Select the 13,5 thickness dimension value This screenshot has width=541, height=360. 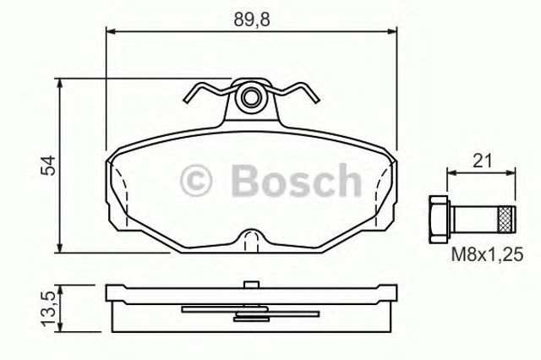(48, 308)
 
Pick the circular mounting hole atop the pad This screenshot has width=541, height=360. (249, 98)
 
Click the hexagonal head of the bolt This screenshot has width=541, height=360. (438, 219)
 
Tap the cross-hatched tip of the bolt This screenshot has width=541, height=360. (506, 219)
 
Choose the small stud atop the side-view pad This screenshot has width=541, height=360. (249, 284)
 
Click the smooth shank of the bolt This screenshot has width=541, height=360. (474, 219)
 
